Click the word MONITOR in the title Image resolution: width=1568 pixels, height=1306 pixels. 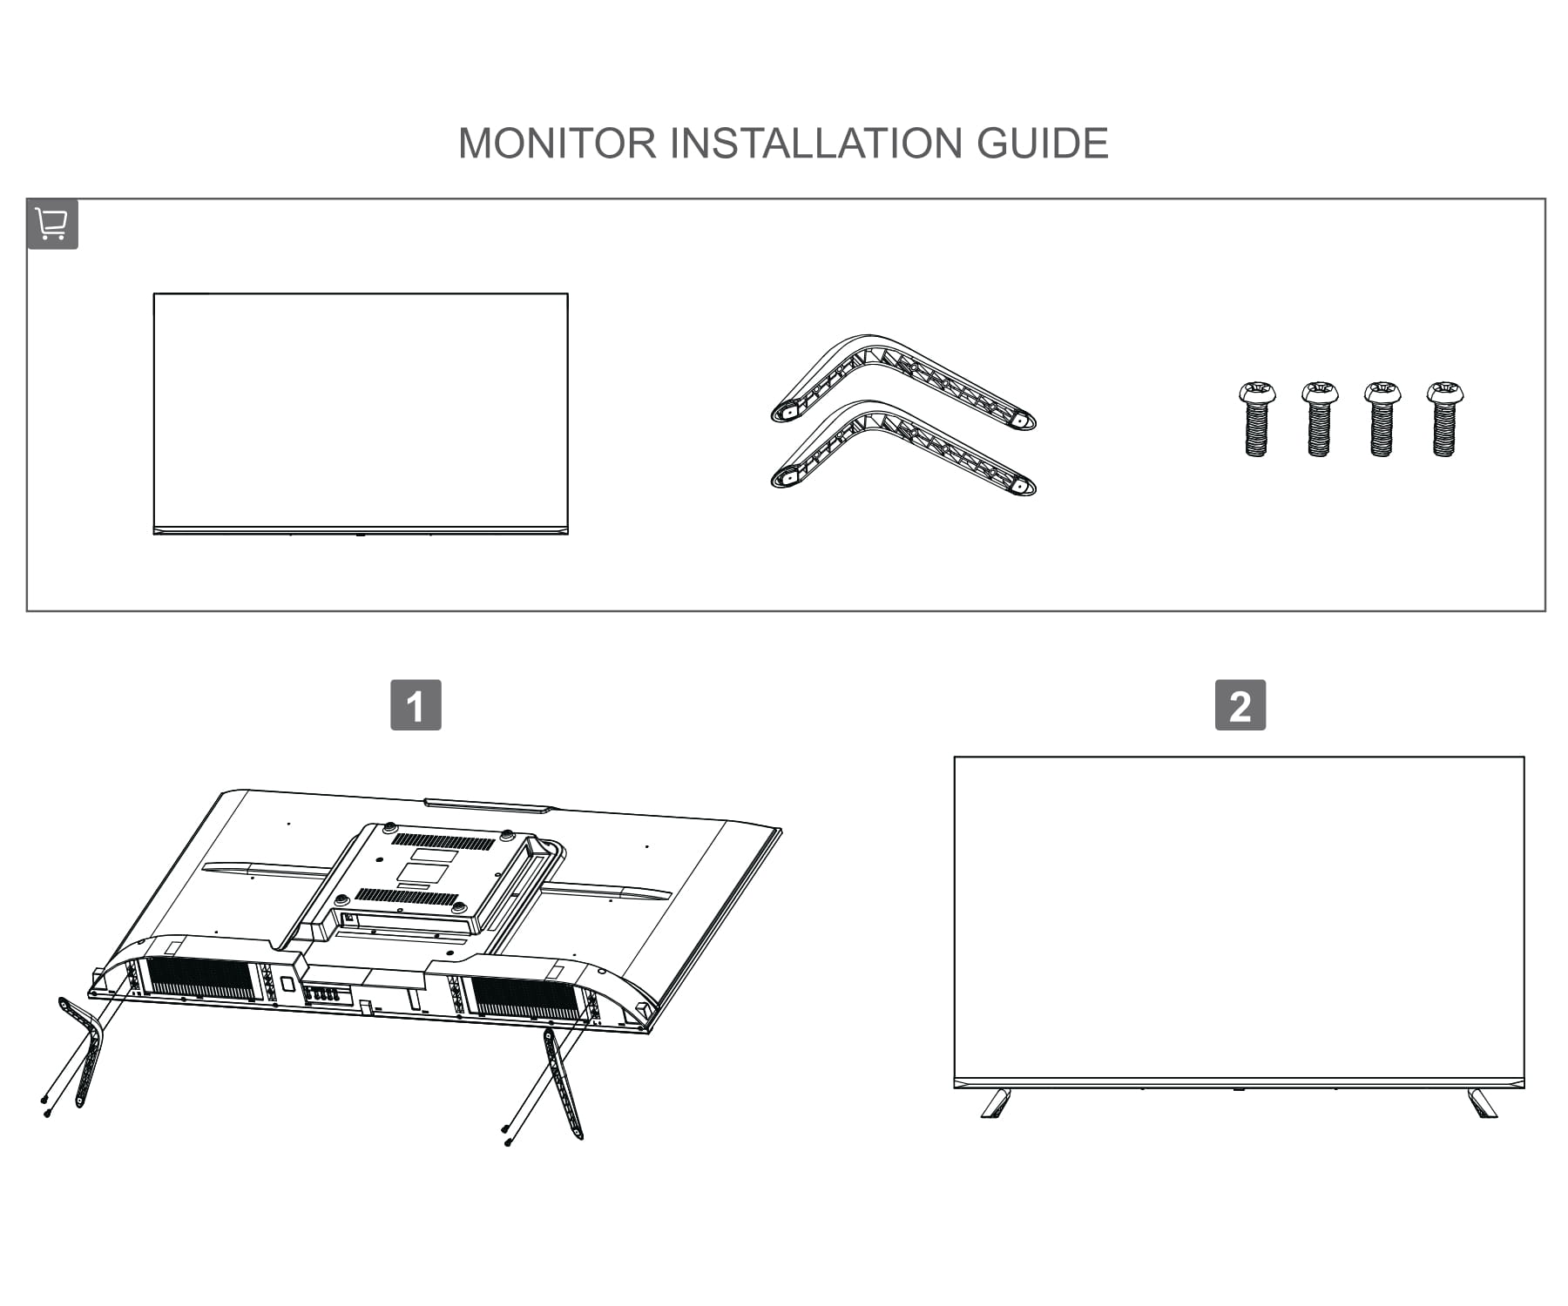point(557,144)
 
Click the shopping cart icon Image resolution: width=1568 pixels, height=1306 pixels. point(52,224)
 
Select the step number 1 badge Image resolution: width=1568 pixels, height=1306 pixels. point(416,705)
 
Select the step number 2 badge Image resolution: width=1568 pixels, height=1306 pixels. point(1240,705)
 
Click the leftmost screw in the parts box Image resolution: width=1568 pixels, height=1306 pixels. point(1256,419)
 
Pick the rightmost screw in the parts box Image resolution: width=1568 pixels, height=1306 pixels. point(1444,419)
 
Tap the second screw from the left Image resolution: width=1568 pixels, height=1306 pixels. point(1319,419)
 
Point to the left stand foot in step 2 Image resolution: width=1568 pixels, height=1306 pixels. point(996,1103)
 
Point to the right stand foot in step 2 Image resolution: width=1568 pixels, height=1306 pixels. point(1482,1103)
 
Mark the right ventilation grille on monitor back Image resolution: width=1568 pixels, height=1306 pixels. point(524,998)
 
